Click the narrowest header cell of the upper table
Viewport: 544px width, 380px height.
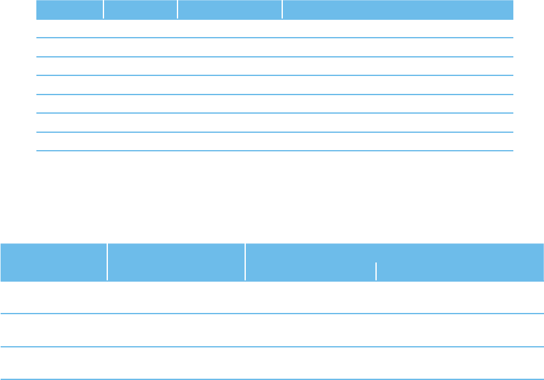70,10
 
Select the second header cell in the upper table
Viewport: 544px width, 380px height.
140,10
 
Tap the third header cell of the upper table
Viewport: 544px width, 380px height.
230,10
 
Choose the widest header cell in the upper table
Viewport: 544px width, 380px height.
398,10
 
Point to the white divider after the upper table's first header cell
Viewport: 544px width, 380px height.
103,10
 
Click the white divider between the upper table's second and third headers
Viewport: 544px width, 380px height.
178,10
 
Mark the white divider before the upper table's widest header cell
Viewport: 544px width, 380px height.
282,10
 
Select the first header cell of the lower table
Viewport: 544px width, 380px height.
53,261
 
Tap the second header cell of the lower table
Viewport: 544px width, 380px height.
176,261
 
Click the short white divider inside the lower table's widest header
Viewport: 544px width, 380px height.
376,271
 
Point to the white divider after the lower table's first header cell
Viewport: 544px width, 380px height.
107,261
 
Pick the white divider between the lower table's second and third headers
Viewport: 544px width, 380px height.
245,261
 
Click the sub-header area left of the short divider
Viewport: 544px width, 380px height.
310,271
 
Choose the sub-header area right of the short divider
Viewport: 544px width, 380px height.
460,271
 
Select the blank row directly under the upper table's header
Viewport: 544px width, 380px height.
275,29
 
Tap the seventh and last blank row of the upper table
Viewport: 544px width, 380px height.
275,142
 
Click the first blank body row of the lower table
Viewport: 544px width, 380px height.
272,297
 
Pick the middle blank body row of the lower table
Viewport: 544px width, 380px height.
272,330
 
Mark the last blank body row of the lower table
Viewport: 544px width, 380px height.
272,363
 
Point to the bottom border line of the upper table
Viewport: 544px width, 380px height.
275,151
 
